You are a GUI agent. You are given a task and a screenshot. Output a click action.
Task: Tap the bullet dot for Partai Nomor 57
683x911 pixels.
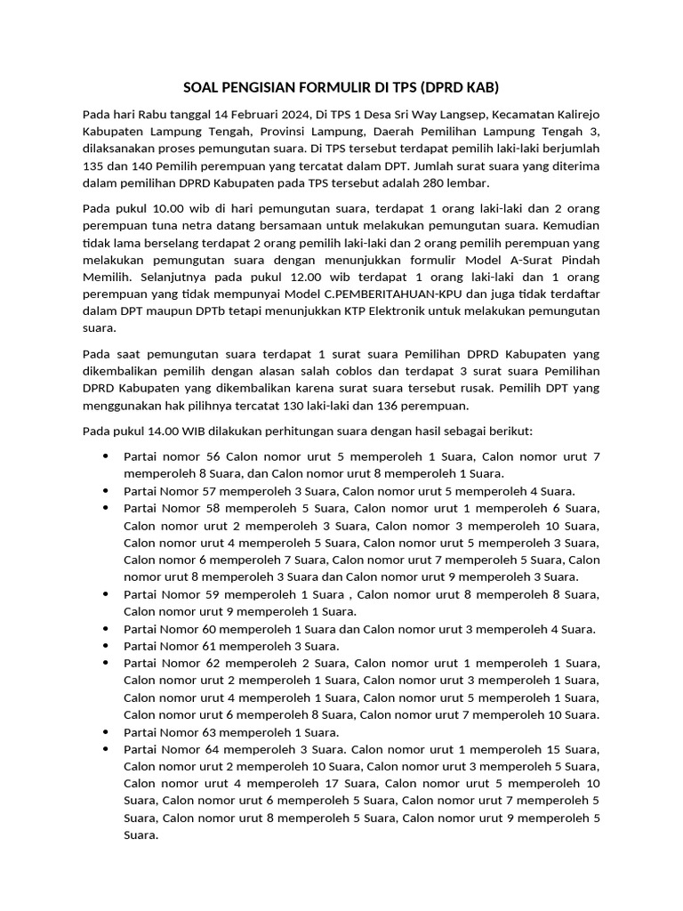(x=106, y=490)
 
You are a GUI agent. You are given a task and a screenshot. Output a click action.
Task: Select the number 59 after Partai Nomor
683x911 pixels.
(x=210, y=594)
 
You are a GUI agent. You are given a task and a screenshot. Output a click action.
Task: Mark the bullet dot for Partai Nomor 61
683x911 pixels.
(x=106, y=646)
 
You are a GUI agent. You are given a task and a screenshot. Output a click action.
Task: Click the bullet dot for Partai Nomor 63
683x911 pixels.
(x=106, y=732)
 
